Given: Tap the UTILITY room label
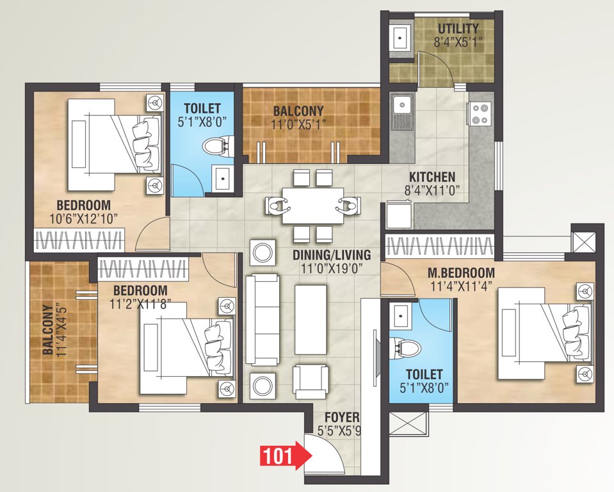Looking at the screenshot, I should click(x=458, y=29).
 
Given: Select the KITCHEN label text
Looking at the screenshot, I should click(x=432, y=177).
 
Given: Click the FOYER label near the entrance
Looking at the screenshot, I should click(x=338, y=418).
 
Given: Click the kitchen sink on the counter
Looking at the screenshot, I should click(x=403, y=111).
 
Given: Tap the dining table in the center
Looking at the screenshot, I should click(x=312, y=205).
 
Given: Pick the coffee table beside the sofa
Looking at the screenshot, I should click(x=311, y=319).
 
